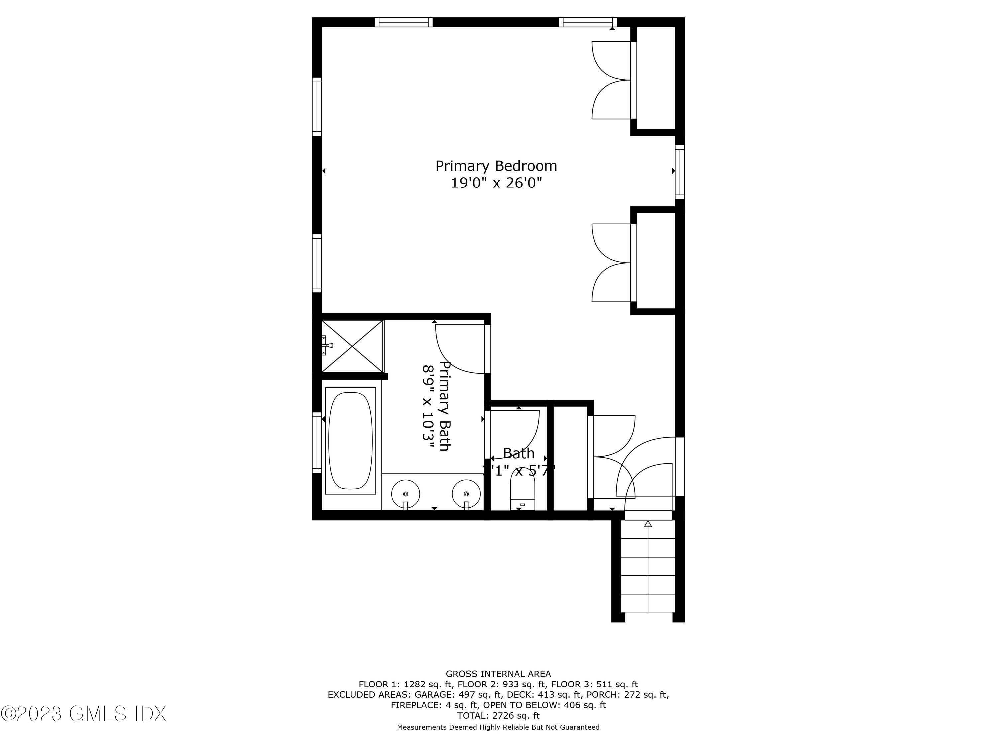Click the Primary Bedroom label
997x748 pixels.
(x=496, y=166)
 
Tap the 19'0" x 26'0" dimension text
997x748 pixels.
(x=496, y=183)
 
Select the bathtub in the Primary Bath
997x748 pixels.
(x=351, y=440)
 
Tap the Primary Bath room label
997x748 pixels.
(x=445, y=406)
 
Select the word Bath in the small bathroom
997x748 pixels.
(x=519, y=453)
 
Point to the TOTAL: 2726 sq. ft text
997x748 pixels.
(x=498, y=715)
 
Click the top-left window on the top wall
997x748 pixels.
(x=403, y=22)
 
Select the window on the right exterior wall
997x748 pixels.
(x=679, y=172)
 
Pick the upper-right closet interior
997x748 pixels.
(x=656, y=77)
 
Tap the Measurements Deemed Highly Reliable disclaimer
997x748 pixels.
(x=498, y=727)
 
